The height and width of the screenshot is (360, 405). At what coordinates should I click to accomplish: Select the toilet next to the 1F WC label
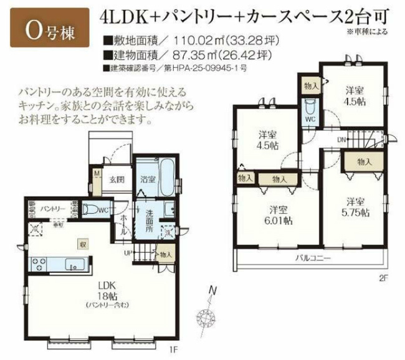click(92, 209)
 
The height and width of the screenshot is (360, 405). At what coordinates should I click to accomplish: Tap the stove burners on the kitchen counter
click(36, 264)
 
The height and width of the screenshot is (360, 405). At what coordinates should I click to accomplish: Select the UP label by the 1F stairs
click(128, 253)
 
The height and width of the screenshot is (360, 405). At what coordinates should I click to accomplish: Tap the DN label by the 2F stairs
click(340, 140)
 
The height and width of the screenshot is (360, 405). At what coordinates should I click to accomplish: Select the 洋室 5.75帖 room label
click(356, 206)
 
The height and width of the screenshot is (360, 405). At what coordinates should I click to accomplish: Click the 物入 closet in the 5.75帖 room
click(364, 161)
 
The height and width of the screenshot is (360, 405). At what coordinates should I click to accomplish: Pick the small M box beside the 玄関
click(97, 174)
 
